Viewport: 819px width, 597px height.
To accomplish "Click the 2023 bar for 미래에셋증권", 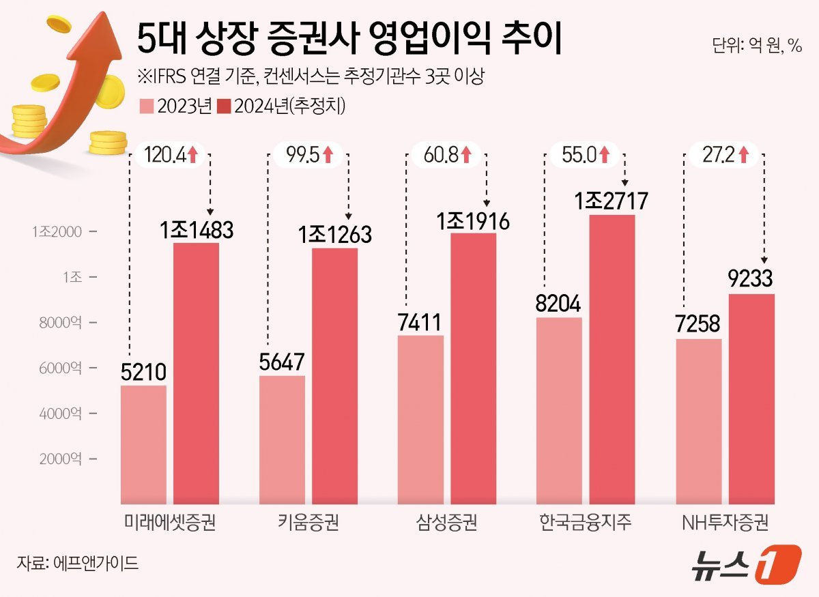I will pos(143,443).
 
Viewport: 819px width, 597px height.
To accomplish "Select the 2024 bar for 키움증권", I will pos(335,375).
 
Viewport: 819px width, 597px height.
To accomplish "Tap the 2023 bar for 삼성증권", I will pos(420,419).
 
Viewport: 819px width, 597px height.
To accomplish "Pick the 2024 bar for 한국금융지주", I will pos(612,358).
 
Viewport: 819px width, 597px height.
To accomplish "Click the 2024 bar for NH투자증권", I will pos(751,398).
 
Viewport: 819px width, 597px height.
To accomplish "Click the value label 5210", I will pos(143,373).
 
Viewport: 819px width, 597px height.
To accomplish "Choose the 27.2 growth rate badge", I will pos(723,155).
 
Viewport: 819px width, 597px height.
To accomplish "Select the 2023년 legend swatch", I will pos(146,106).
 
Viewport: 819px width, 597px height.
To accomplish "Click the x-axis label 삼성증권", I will pos(446,523).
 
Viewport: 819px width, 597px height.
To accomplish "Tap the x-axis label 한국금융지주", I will pos(585,523).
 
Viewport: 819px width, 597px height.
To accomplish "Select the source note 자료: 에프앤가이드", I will pos(78,564).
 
